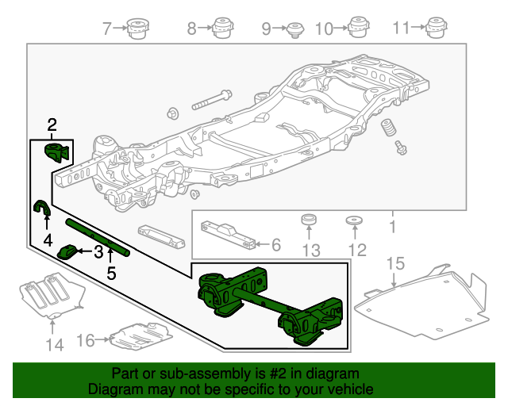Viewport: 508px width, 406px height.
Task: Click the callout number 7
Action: coord(108,29)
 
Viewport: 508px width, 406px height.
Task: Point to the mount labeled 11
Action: coord(436,29)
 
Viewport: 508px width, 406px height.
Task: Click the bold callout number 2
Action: coord(52,124)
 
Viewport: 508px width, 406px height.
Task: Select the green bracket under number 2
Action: coord(57,152)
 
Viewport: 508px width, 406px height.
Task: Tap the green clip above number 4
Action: coord(40,209)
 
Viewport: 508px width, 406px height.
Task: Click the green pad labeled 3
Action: coord(69,252)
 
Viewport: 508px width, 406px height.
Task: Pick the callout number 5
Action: coord(111,274)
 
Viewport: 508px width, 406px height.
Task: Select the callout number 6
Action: coord(275,245)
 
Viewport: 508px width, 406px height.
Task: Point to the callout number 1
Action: coord(391,228)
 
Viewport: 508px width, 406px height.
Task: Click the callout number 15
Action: coord(395,262)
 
